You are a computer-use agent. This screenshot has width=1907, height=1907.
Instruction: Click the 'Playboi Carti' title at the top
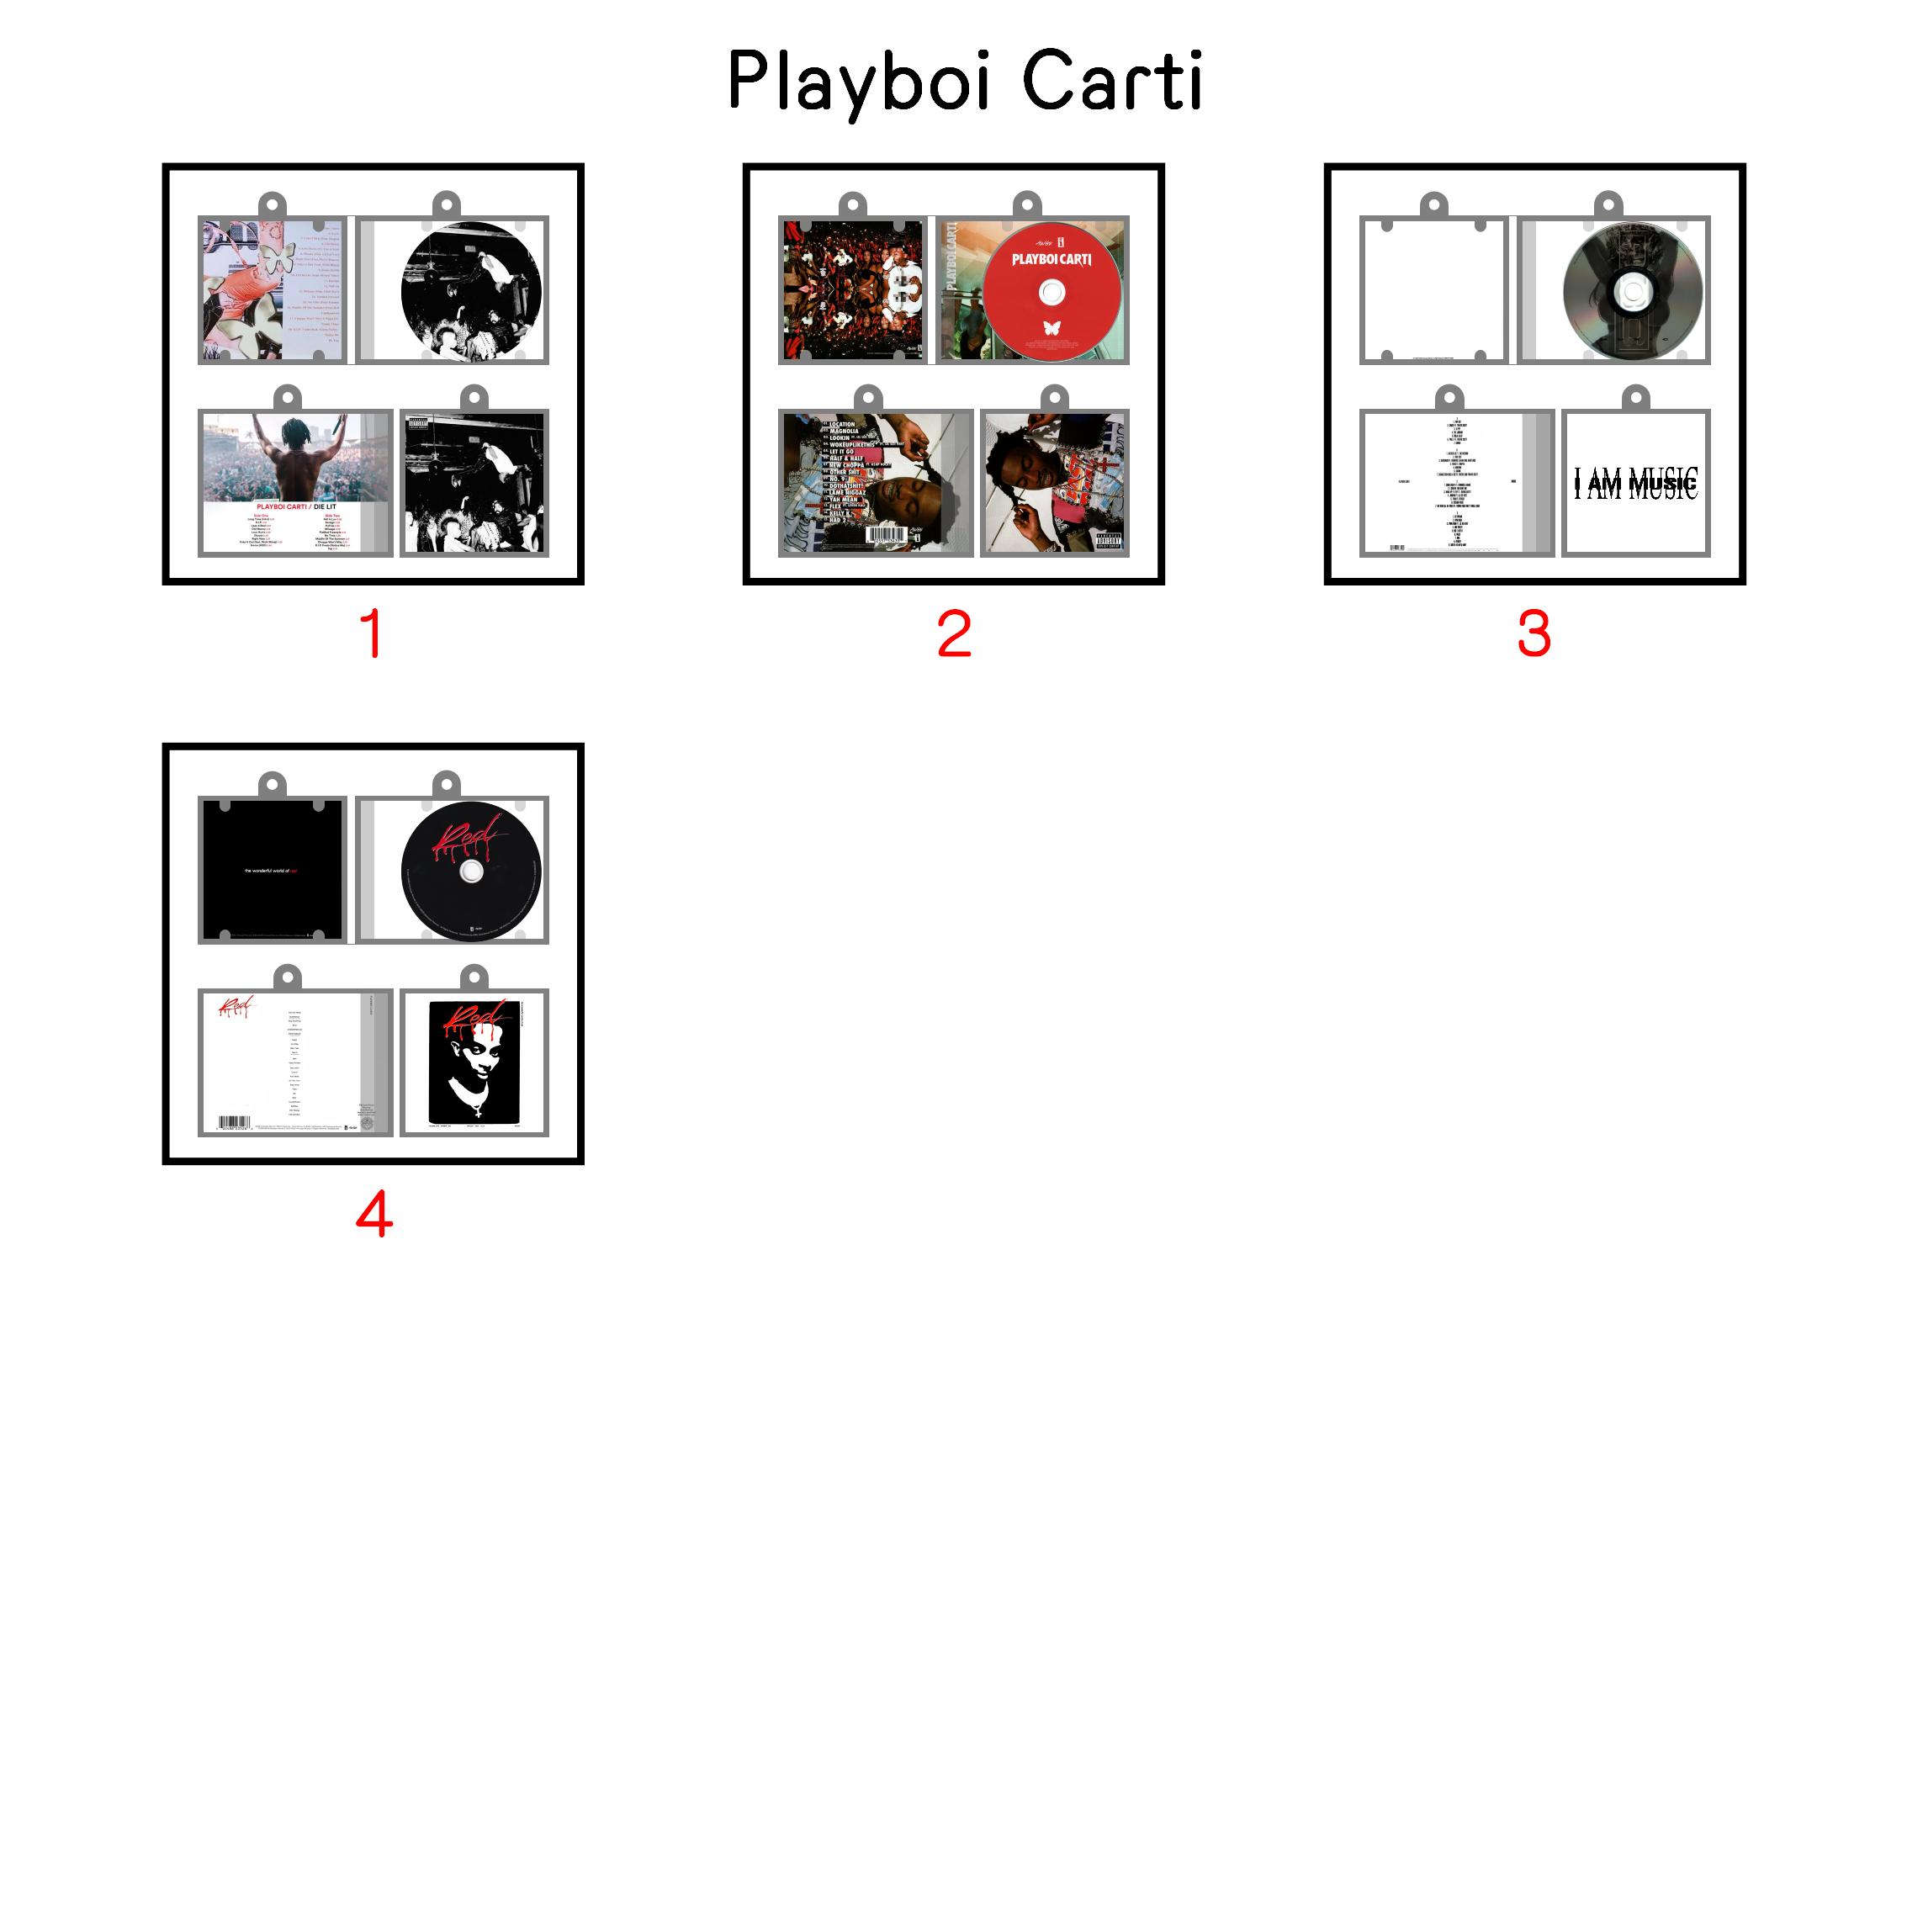click(x=964, y=81)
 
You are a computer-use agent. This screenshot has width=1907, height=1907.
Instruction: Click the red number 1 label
click(x=372, y=633)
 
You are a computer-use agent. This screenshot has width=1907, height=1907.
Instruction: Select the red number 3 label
click(x=1534, y=633)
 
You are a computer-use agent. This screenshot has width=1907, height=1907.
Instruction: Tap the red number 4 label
click(x=374, y=1214)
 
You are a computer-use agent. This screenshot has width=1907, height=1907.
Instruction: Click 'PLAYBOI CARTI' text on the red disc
click(x=1051, y=260)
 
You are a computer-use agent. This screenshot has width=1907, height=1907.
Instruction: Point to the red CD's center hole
click(x=1052, y=292)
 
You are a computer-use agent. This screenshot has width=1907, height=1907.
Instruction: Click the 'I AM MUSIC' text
click(x=1635, y=484)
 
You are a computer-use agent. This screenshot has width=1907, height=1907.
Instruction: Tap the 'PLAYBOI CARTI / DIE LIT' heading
click(x=296, y=506)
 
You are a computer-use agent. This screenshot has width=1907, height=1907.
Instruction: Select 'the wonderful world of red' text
click(x=272, y=871)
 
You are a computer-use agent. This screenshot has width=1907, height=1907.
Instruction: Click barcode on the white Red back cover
click(x=234, y=1122)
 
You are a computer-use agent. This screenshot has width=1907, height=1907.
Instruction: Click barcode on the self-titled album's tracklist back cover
click(x=887, y=534)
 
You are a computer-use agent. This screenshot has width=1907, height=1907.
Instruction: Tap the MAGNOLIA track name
click(x=844, y=432)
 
